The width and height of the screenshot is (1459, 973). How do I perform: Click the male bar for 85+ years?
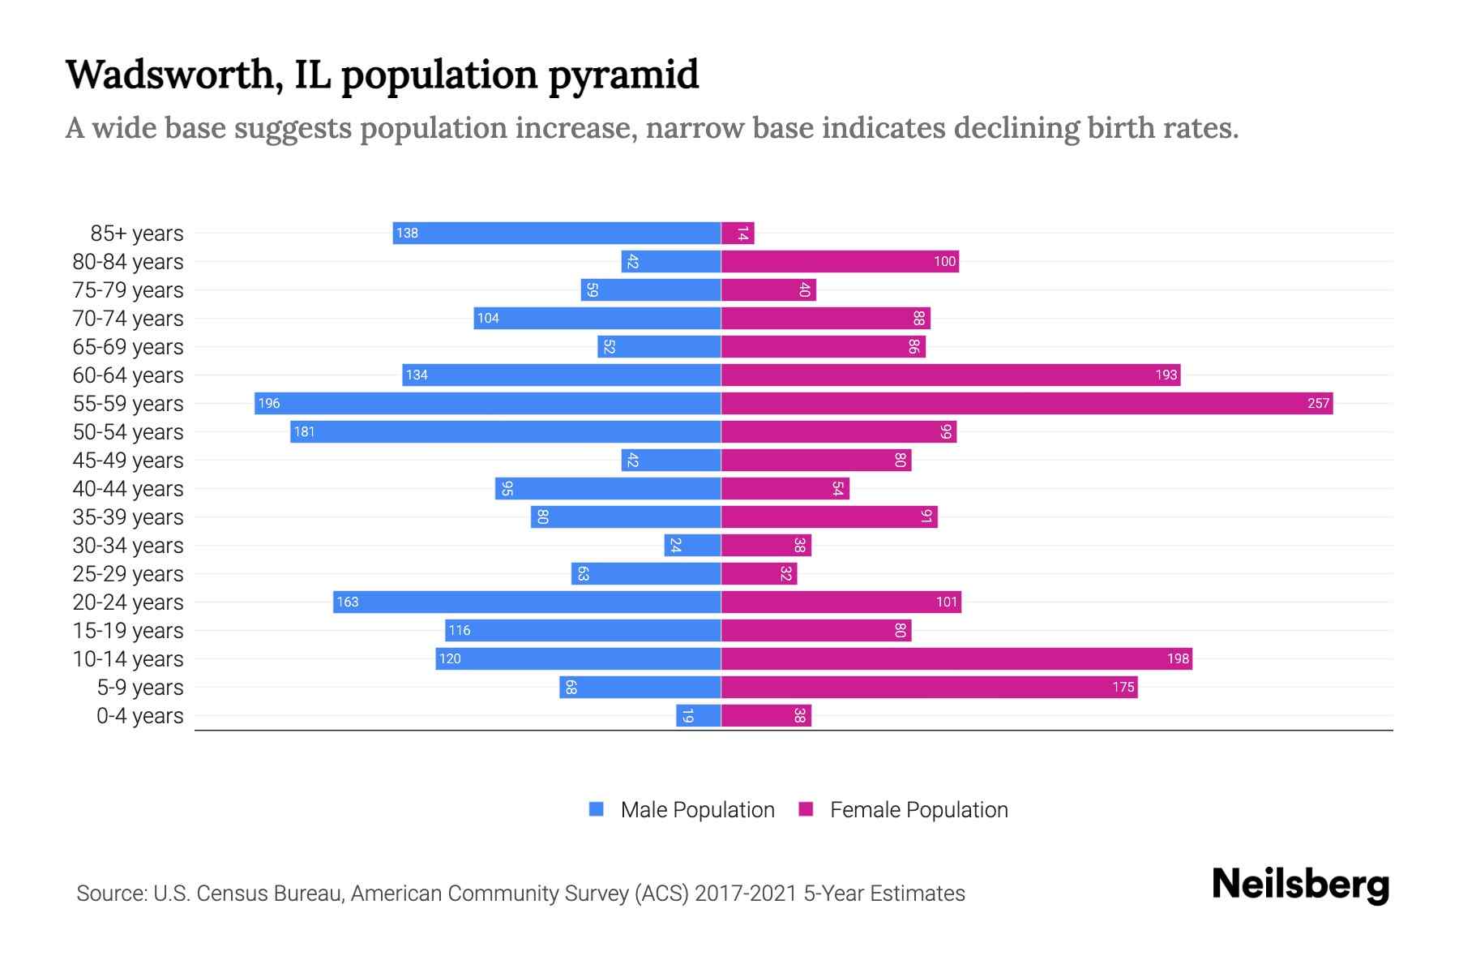coord(557,234)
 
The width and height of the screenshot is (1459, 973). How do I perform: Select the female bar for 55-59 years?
coord(1026,404)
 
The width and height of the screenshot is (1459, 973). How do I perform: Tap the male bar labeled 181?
coord(505,432)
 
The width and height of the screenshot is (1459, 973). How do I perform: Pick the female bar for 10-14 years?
coord(956,659)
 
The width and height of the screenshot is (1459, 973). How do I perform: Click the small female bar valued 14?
coord(738,234)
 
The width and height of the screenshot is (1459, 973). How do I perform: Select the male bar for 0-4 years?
coord(699,716)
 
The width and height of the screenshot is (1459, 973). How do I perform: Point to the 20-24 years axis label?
coord(128,602)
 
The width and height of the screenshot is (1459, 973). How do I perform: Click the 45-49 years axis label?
coord(128,461)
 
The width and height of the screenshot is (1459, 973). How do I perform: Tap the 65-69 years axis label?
coord(128,347)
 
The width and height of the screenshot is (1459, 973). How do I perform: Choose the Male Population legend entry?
coord(696,810)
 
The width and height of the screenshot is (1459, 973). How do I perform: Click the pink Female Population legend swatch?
coord(806,809)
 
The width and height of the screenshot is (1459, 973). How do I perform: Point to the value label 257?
coord(1318,404)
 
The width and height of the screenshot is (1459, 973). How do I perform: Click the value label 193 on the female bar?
coord(1166,375)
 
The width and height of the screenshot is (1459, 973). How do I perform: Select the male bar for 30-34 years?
coord(692,546)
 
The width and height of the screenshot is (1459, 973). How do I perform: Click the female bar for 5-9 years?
coord(929,688)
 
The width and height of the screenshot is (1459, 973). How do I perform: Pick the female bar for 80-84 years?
coord(840,262)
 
